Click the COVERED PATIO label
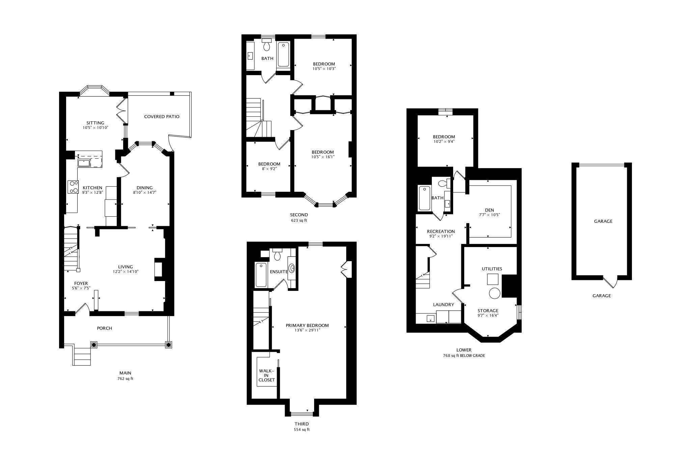coord(162,117)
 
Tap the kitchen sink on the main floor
coord(84,163)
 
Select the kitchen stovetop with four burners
coord(73,187)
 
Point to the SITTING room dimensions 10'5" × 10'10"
coord(95,128)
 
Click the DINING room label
coord(144,188)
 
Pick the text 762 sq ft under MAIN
coord(125,378)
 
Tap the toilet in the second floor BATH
coord(267,44)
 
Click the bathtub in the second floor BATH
coord(283,55)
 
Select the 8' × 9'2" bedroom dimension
coord(269,169)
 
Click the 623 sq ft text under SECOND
coord(299,220)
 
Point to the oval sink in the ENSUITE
coord(292,269)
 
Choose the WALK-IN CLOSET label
coord(267,375)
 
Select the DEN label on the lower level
coord(489,210)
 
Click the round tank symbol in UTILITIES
coord(495,293)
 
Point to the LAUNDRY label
coord(443,305)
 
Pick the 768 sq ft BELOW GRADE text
coord(464,356)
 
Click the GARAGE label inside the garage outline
coord(603,221)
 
